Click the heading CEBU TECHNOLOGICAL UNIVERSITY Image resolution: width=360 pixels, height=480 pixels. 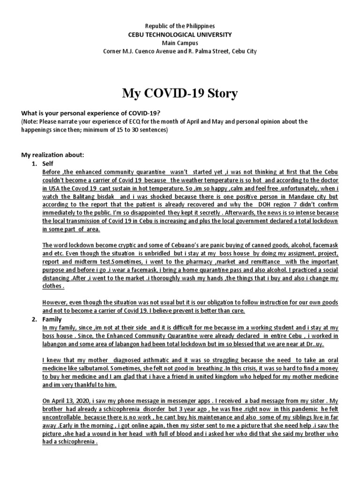180,35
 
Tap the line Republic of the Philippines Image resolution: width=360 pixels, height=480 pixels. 180,26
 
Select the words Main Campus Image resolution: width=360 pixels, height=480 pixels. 180,43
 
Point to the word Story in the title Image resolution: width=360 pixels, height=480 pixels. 221,94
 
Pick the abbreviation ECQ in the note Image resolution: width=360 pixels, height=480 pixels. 119,121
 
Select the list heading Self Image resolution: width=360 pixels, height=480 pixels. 49,164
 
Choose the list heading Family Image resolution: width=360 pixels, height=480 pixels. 52,319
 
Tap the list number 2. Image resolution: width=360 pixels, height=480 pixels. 34,319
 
